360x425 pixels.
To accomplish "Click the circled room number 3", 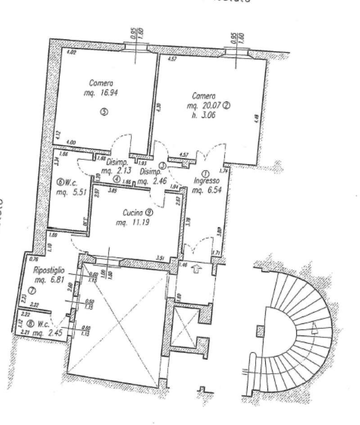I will [x=104, y=113].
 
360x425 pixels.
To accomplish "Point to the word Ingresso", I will [x=206, y=182].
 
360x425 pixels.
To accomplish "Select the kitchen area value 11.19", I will [x=137, y=222].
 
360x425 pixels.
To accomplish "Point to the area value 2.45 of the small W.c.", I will [x=55, y=334].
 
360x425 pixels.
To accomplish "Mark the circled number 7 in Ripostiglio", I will [x=31, y=291].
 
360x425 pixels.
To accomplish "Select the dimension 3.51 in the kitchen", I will [x=159, y=258].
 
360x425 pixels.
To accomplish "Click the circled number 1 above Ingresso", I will [x=206, y=173].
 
